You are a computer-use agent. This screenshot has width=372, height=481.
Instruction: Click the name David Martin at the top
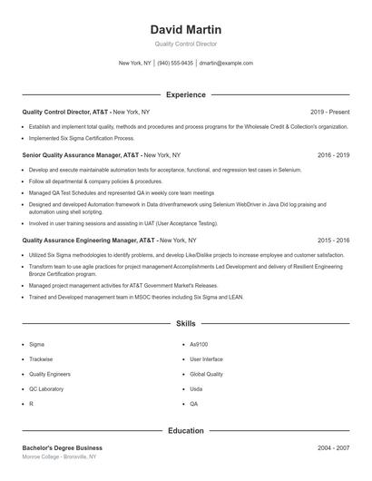tap(186, 30)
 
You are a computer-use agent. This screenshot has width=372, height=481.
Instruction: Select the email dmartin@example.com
tap(226, 64)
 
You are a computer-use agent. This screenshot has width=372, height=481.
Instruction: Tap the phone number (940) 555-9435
tap(175, 64)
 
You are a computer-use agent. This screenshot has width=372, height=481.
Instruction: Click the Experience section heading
tap(186, 94)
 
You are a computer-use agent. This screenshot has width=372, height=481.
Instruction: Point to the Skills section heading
tap(186, 323)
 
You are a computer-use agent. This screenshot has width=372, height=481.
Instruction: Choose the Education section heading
tap(186, 430)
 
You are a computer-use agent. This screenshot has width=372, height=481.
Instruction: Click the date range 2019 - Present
tap(329, 112)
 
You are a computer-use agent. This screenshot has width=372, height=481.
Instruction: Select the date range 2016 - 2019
tap(333, 155)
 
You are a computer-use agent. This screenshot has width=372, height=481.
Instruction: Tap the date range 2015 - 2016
tap(333, 240)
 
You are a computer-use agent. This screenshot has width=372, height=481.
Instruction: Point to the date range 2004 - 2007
tap(333, 447)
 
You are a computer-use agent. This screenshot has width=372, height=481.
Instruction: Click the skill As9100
tap(199, 345)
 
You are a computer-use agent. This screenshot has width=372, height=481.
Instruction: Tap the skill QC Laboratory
tap(46, 388)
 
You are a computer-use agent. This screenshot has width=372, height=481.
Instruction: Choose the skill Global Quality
tap(206, 374)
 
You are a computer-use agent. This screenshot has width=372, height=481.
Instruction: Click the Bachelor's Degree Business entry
tap(62, 447)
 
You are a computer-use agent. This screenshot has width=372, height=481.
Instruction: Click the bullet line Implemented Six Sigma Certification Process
tap(82, 139)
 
